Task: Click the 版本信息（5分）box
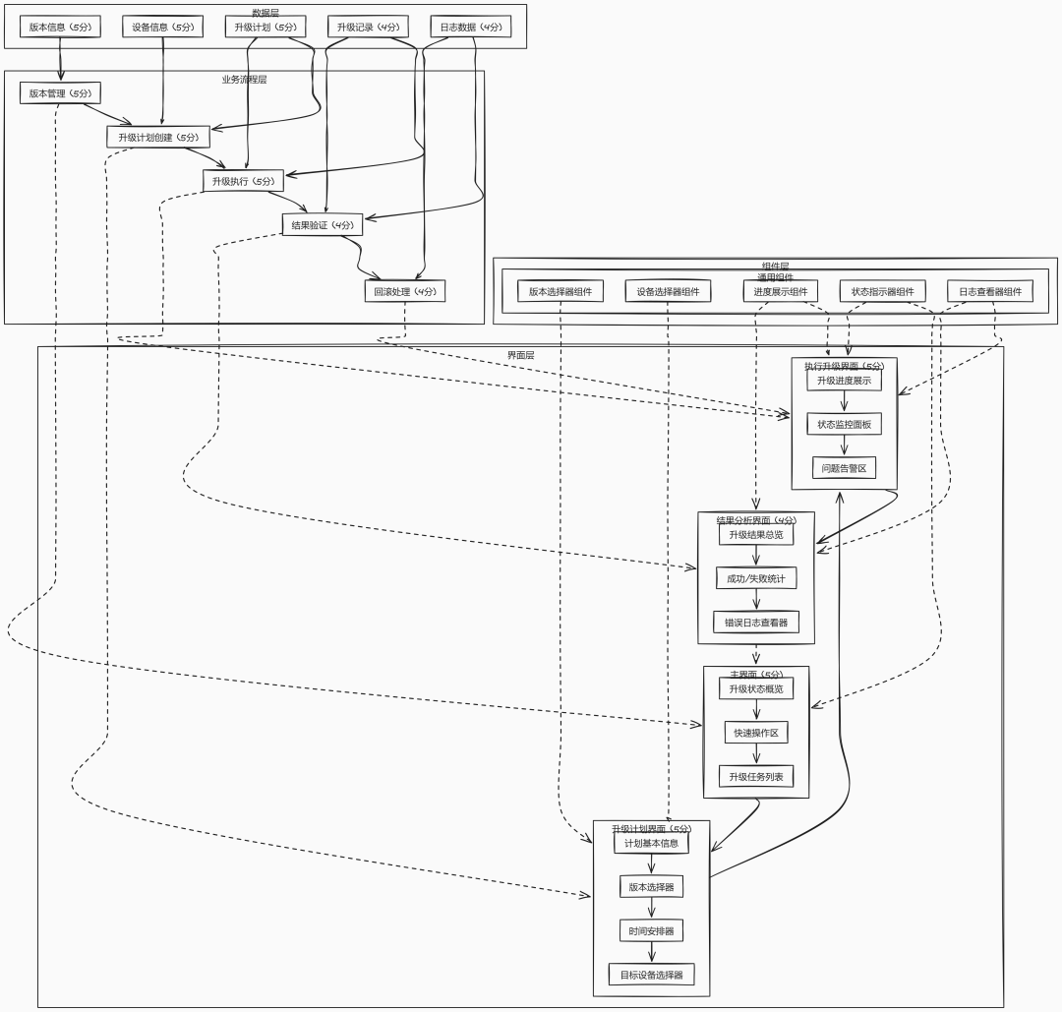click(x=60, y=27)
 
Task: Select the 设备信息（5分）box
click(x=163, y=27)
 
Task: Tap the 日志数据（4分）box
click(x=471, y=27)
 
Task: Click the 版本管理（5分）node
click(x=60, y=93)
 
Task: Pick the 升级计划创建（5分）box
click(x=158, y=137)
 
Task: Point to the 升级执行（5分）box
click(x=243, y=181)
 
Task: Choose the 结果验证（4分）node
click(x=322, y=225)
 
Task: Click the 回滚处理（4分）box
click(x=404, y=291)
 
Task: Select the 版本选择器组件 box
click(x=560, y=291)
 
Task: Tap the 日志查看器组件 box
click(x=990, y=291)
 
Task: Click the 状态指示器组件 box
click(x=883, y=291)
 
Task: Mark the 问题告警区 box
click(x=844, y=468)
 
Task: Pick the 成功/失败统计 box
click(x=756, y=578)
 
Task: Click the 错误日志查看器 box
click(x=756, y=623)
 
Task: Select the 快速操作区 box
click(x=756, y=733)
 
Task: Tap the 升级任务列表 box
click(x=756, y=777)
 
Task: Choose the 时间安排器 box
click(x=652, y=930)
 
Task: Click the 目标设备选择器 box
click(x=652, y=975)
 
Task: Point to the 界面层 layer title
click(x=520, y=355)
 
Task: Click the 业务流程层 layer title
click(x=244, y=80)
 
